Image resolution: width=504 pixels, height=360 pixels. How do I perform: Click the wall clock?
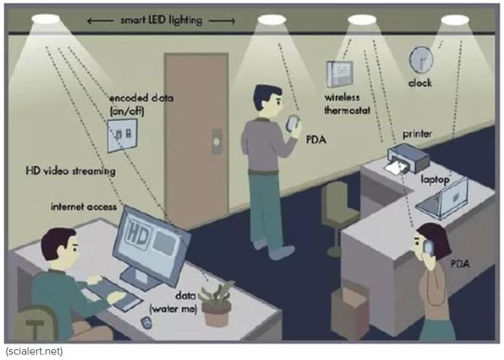(421, 59)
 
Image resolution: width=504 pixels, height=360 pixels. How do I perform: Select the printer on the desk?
(409, 159)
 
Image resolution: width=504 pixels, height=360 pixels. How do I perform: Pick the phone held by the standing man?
(293, 123)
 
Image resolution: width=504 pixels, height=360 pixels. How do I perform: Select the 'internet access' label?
(84, 206)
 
